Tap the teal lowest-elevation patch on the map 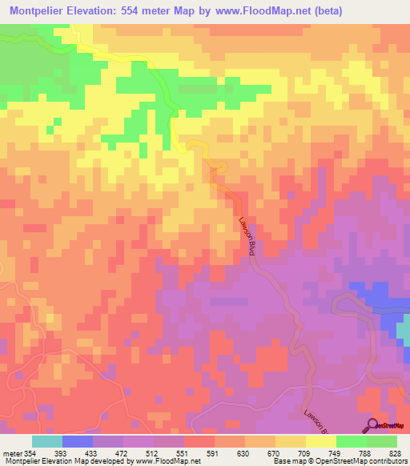pyautogui.click(x=404, y=327)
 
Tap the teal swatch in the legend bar pyautogui.click(x=47, y=442)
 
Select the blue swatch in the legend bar pyautogui.click(x=78, y=442)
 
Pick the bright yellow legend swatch pyautogui.click(x=321, y=442)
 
